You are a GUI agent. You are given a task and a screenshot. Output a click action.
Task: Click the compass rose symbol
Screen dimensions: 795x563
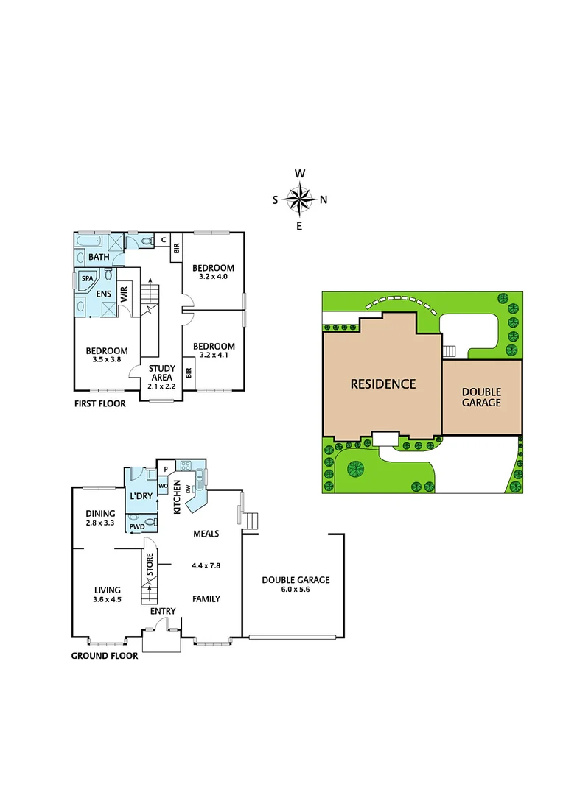pyautogui.click(x=299, y=199)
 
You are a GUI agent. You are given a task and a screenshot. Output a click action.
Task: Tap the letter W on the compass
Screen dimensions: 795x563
pyautogui.click(x=300, y=174)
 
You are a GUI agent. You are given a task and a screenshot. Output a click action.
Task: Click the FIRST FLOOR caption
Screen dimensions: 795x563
pyautogui.click(x=99, y=403)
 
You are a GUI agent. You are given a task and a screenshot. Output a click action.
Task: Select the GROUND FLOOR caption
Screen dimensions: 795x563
pyautogui.click(x=104, y=655)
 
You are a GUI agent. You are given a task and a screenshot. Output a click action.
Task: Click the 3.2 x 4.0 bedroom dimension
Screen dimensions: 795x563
pyautogui.click(x=214, y=277)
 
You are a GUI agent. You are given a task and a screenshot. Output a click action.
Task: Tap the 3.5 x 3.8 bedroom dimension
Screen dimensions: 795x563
pyautogui.click(x=106, y=359)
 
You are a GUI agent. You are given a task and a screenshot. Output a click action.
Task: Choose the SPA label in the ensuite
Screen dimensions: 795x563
pyautogui.click(x=88, y=279)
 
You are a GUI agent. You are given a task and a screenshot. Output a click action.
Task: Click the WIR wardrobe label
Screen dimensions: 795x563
pyautogui.click(x=125, y=296)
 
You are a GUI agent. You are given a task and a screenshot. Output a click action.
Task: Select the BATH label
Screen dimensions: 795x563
pyautogui.click(x=99, y=257)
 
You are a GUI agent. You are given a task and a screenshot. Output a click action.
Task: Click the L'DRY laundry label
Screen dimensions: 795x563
pyautogui.click(x=141, y=496)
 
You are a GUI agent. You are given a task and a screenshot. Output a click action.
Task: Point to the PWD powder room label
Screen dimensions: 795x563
pyautogui.click(x=137, y=526)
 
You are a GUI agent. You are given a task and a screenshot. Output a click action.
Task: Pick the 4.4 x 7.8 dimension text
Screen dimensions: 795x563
pyautogui.click(x=206, y=565)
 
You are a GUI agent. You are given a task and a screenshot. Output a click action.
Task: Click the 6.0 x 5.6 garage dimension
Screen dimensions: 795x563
pyautogui.click(x=296, y=590)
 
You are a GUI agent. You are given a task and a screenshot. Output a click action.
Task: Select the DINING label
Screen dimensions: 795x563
pyautogui.click(x=100, y=514)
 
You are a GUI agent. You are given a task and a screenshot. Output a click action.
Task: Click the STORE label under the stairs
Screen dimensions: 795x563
pyautogui.click(x=150, y=565)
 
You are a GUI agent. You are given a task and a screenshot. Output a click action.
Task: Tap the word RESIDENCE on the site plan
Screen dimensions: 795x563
pyautogui.click(x=382, y=384)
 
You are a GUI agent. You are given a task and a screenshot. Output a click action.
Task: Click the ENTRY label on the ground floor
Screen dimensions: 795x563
pyautogui.click(x=163, y=611)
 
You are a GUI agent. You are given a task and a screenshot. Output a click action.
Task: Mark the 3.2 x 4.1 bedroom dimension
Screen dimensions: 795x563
pyautogui.click(x=214, y=356)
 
